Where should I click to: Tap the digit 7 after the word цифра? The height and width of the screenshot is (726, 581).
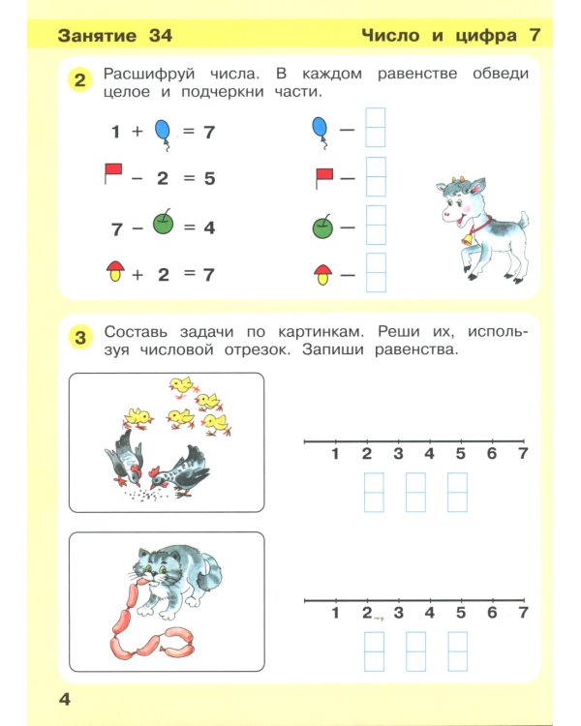tap(534, 37)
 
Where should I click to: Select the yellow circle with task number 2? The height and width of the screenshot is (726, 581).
tap(81, 81)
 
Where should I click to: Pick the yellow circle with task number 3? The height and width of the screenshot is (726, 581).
tap(81, 337)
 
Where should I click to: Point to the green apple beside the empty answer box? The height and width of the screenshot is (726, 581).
tap(322, 227)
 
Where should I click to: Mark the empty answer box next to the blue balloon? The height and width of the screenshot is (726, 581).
tap(375, 128)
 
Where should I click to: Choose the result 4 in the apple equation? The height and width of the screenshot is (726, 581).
tap(208, 228)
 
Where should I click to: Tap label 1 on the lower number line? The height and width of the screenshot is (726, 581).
tap(335, 613)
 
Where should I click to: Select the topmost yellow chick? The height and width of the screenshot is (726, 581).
tap(180, 386)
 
